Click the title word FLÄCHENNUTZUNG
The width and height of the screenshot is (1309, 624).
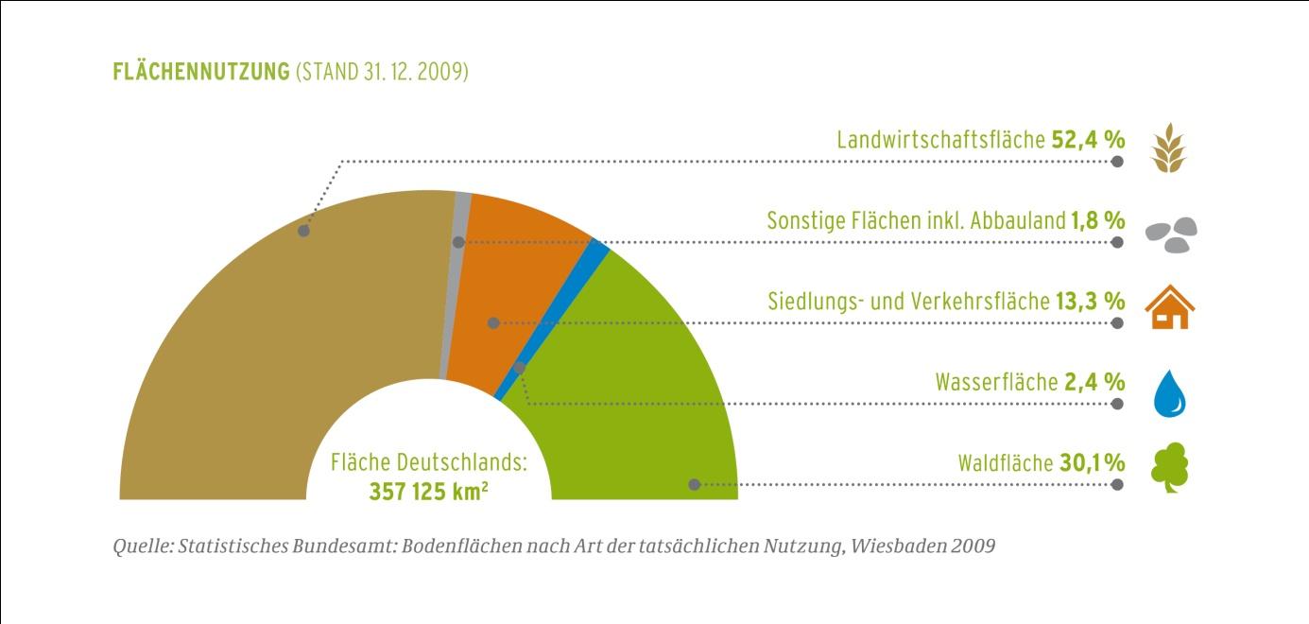(199, 73)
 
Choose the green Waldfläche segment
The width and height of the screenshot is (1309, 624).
(633, 397)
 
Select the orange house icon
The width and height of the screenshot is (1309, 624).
(1170, 306)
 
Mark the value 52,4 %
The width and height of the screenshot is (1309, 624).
(1088, 140)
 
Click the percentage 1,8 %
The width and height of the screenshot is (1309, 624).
(1097, 221)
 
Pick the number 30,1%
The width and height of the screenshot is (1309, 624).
(1092, 463)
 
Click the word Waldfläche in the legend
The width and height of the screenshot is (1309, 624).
(1005, 463)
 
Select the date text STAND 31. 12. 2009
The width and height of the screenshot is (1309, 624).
(383, 73)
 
